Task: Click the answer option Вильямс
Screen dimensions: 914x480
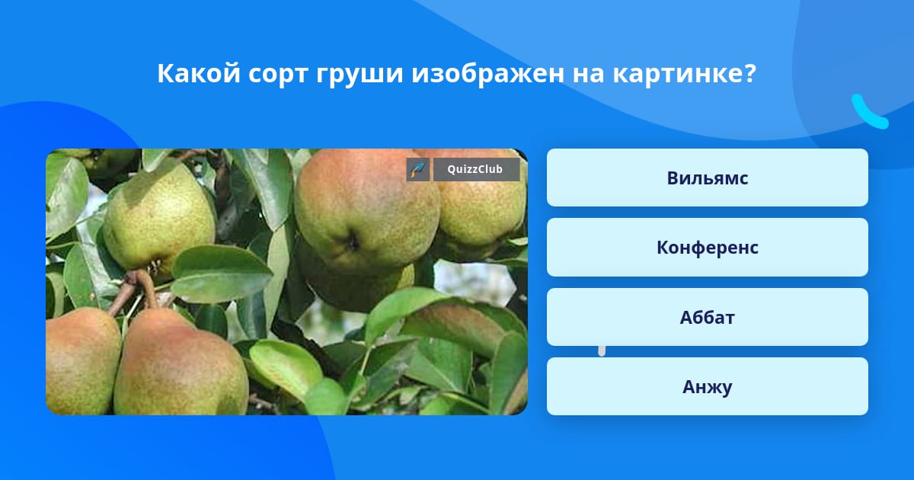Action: point(707,178)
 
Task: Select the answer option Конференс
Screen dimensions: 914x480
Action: point(707,248)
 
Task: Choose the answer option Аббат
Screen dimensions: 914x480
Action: point(707,317)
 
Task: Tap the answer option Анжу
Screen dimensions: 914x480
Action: point(707,386)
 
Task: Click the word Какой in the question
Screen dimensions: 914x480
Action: point(199,73)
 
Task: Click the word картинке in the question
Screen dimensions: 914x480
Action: point(678,75)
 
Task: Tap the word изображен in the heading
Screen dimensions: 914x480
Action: point(487,75)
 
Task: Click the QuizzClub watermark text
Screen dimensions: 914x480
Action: point(475,169)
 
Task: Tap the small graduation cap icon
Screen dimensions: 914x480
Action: point(418,169)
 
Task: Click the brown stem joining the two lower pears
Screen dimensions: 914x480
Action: point(135,288)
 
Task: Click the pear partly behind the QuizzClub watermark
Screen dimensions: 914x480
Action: point(481,213)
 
